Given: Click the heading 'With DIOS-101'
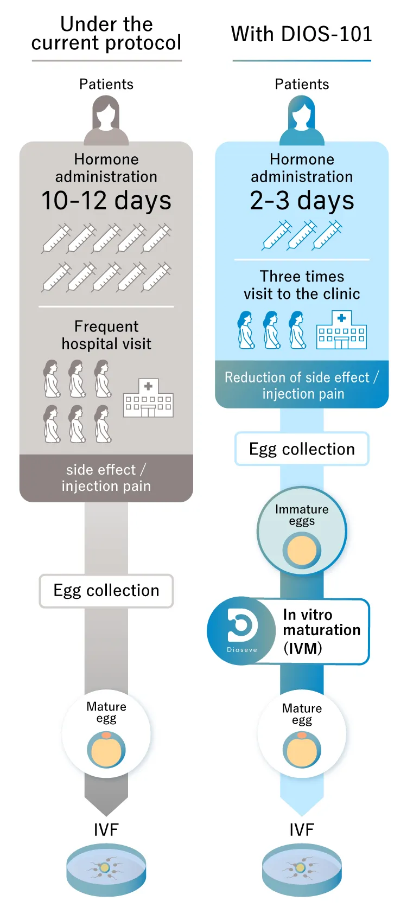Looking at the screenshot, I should pos(302,34).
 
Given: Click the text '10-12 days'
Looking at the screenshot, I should pos(106,201).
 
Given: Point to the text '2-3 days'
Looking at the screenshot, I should pos(302,201).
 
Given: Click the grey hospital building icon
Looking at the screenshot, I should pos(148,398).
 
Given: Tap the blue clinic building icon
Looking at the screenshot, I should pos(341,330).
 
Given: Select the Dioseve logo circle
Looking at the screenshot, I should pos(241,631).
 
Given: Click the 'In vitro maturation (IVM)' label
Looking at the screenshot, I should pos(321,631).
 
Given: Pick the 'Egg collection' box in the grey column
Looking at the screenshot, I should pos(106,591).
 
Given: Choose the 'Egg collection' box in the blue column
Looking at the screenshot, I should pos(302,449).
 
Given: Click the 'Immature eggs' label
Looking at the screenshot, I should pos(302,515).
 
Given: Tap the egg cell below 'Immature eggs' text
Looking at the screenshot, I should pos(302,550).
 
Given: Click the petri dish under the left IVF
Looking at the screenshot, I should pos(106,870).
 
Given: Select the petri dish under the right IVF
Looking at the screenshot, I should pos(302,870).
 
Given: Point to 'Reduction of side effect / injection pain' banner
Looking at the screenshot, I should pos(302,385).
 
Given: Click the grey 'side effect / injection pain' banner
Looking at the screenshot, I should pos(106,478).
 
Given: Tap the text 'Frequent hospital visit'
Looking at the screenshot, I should pos(106,335).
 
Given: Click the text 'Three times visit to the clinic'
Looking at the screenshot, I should pos(302,285).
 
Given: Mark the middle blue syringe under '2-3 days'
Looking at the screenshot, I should pos(302,235).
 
